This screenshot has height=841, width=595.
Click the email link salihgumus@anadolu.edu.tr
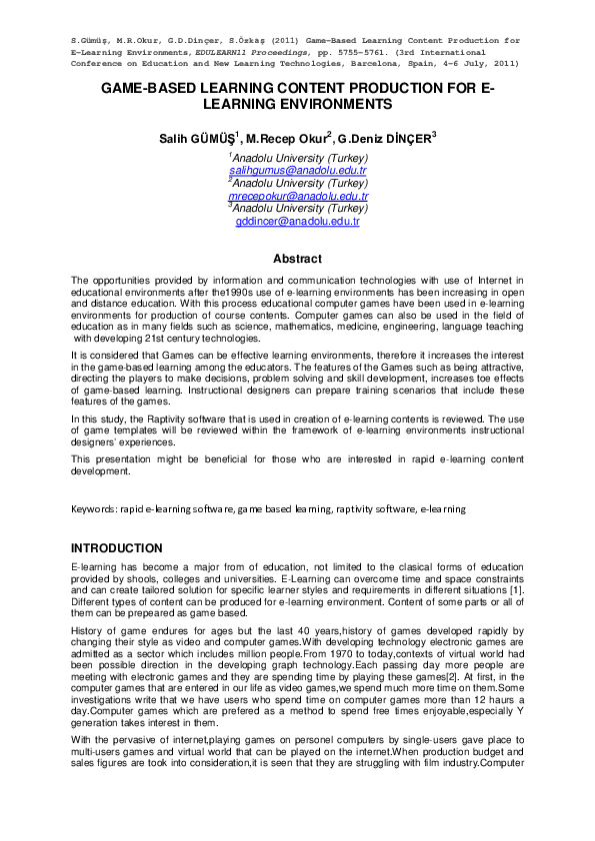coord(298,172)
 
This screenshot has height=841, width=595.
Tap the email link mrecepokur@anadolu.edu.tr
coord(298,197)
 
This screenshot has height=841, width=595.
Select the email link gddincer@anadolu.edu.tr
coord(298,222)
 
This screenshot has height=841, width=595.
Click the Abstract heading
coord(297,259)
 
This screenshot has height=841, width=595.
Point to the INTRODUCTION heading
coord(117,548)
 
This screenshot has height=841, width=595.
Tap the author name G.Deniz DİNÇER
coord(384,137)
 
